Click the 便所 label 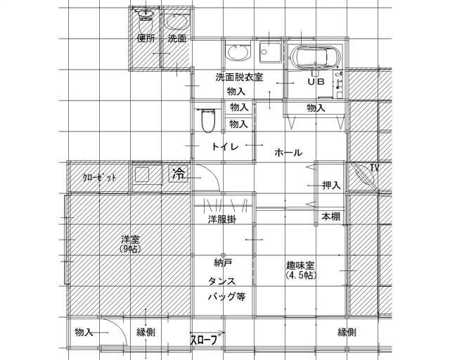click(146, 38)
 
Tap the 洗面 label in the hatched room click(177, 38)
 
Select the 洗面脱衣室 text click(239, 77)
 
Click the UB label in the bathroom click(316, 82)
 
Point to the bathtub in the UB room click(315, 57)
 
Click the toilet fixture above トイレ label click(208, 120)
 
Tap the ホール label click(288, 153)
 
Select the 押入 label click(331, 185)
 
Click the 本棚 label click(330, 217)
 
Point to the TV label click(374, 167)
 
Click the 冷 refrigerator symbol click(179, 174)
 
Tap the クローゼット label click(100, 178)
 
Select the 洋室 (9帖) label click(130, 244)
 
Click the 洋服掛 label click(222, 219)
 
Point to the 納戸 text click(223, 262)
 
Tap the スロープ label click(204, 340)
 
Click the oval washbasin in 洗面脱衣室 click(238, 53)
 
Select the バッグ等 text click(226, 297)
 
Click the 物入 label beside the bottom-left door click(84, 333)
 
